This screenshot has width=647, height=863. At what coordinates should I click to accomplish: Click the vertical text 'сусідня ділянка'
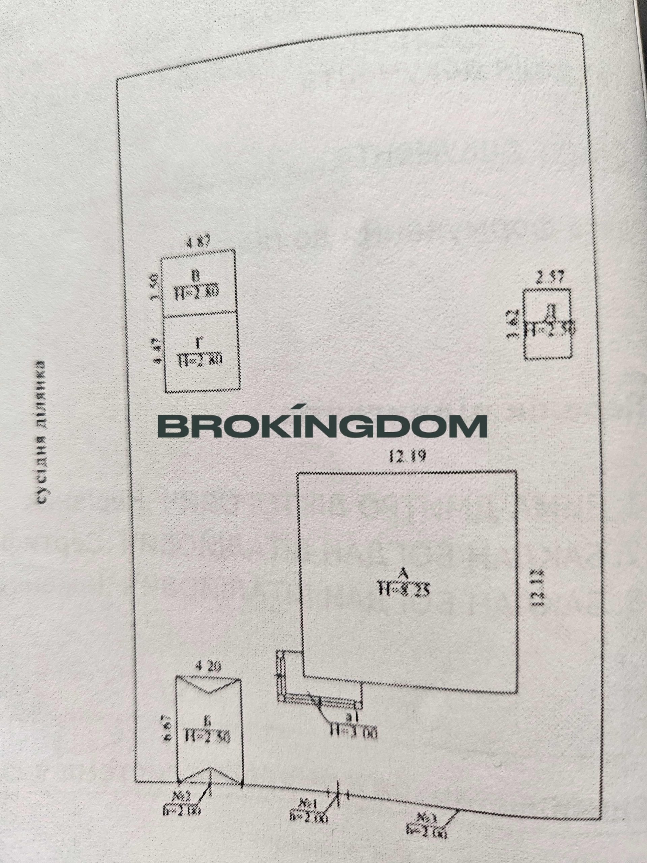(x=41, y=432)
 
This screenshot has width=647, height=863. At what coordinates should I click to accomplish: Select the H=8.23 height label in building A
(x=404, y=600)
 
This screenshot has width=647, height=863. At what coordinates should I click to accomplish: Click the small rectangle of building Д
(x=548, y=324)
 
